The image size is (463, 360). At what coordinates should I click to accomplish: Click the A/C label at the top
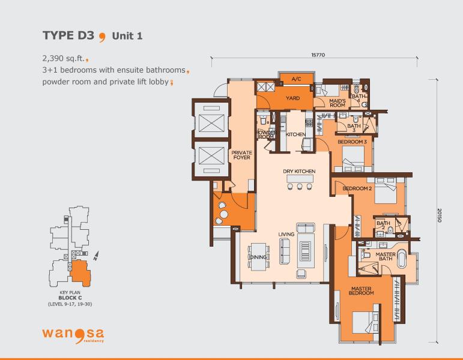tap(296, 79)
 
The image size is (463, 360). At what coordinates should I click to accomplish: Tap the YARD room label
tap(292, 98)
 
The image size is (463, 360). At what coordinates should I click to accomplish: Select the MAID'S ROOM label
tap(337, 103)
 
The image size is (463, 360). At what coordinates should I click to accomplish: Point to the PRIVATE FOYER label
tap(242, 155)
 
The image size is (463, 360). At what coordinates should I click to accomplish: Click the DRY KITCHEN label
tap(299, 171)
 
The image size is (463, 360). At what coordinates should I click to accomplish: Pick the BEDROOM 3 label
tap(352, 142)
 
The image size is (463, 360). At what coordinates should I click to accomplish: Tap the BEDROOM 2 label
tap(357, 188)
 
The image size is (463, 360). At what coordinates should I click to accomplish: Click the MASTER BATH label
tap(386, 256)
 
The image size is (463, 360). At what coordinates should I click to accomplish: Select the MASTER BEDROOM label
tap(361, 290)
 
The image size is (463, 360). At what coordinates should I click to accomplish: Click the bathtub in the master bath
tap(402, 259)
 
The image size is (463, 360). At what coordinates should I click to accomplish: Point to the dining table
tap(259, 257)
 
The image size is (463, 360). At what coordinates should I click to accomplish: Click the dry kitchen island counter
tap(300, 179)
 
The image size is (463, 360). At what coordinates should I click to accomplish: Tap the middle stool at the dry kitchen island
tap(300, 187)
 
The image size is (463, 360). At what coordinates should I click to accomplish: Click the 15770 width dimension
tap(318, 55)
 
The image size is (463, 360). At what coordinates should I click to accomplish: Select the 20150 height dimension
tap(440, 215)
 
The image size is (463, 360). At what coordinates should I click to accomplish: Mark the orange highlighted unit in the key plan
tap(80, 273)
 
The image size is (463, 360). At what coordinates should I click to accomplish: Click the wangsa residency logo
tap(73, 335)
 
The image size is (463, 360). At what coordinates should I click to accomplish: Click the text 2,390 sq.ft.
tap(64, 58)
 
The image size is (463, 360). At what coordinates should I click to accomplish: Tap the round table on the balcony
tap(225, 214)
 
